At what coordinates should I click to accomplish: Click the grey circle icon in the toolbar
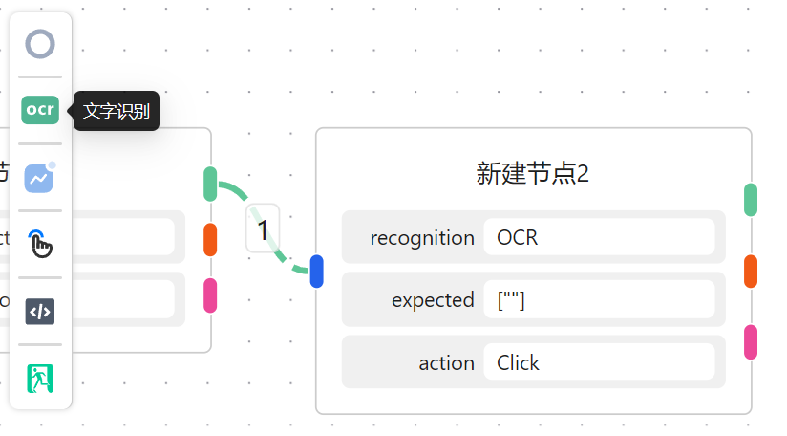click(40, 44)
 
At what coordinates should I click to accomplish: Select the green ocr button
click(40, 110)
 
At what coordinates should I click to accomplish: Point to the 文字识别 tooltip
click(117, 111)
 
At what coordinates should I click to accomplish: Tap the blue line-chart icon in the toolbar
click(40, 177)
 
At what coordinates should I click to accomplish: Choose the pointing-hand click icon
click(40, 244)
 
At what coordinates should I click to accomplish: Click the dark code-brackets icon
click(40, 312)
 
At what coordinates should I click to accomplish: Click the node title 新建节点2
click(532, 173)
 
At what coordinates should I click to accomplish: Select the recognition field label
click(422, 237)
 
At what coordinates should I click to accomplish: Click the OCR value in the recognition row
click(519, 237)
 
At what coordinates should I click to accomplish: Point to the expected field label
click(433, 300)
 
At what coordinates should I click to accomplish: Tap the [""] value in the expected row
click(512, 300)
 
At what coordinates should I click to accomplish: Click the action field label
click(446, 363)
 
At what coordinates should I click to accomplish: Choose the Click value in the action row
click(519, 363)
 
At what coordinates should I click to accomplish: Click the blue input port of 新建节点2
click(317, 272)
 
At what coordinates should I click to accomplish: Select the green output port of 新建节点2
click(751, 200)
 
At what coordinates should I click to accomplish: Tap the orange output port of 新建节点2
click(751, 272)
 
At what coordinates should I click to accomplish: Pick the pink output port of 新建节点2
click(751, 342)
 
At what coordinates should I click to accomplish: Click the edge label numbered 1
click(263, 229)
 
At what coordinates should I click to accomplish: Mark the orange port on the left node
click(210, 240)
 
